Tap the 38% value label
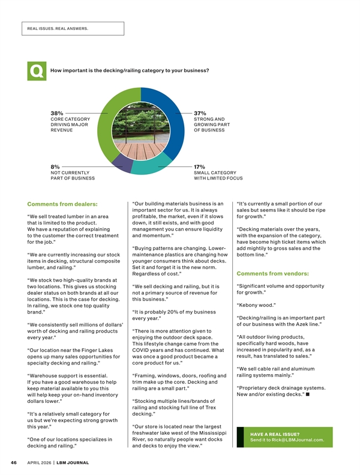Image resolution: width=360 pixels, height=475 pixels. [x=58, y=112]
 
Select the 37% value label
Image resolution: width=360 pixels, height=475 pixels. [x=200, y=112]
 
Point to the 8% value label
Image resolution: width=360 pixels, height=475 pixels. [x=55, y=166]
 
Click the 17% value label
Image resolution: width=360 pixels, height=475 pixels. [x=200, y=166]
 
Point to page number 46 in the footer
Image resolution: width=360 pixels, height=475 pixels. [x=13, y=463]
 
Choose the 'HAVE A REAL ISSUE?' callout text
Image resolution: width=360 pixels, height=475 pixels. [x=275, y=434]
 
